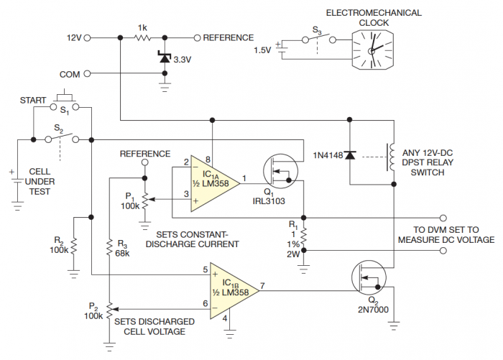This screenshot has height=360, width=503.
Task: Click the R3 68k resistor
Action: [109, 249]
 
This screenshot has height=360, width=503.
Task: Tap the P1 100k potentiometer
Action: [144, 198]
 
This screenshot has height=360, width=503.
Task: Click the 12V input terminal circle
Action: [92, 37]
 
